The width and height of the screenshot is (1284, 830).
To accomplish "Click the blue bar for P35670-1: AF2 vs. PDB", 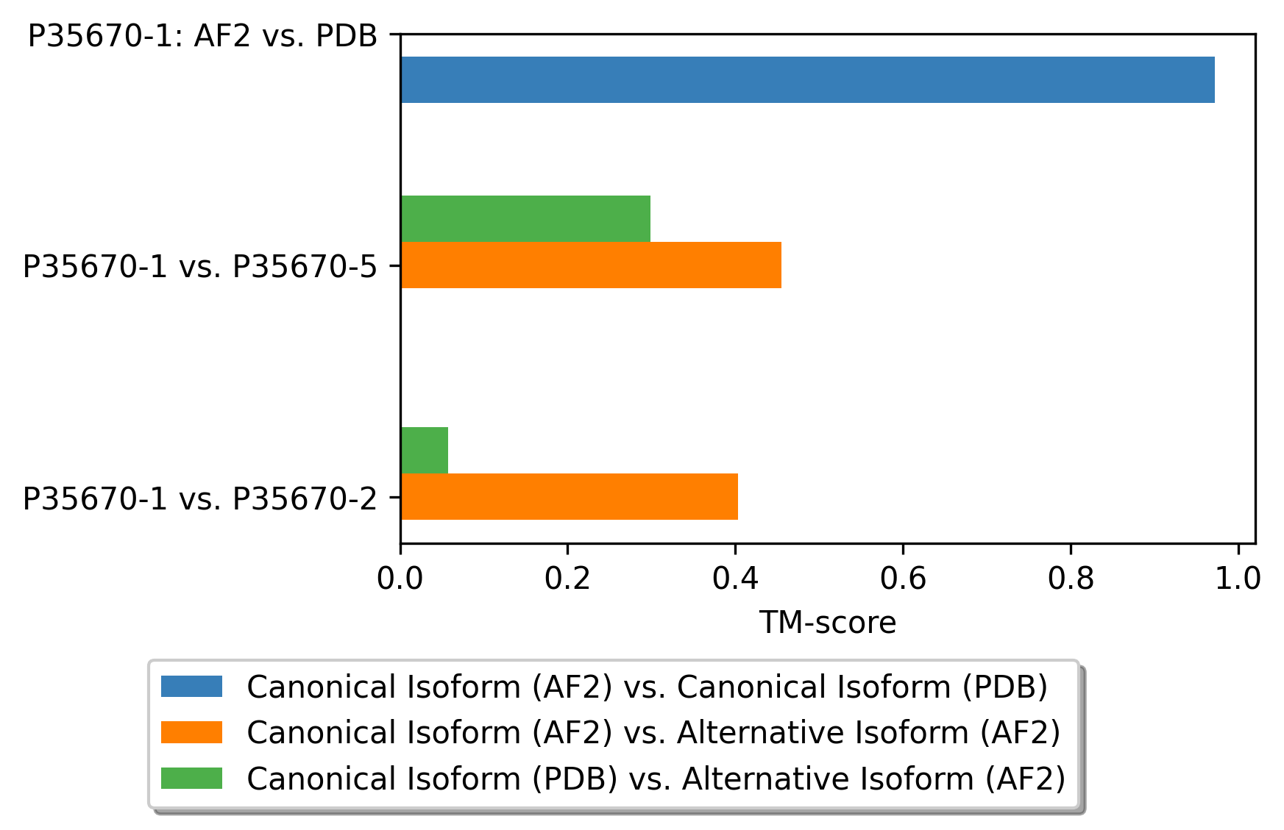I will click(807, 79).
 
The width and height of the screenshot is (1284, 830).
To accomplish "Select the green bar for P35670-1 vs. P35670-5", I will click(525, 218).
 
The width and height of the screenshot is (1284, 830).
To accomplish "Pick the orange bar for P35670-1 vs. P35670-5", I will click(591, 265).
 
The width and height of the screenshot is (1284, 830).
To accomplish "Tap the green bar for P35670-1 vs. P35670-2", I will click(425, 450).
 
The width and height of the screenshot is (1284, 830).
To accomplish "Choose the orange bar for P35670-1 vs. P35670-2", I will click(569, 496).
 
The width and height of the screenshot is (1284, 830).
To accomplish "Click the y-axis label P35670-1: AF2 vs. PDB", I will click(202, 35).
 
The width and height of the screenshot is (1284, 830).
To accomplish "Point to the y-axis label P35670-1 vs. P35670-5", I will click(199, 266).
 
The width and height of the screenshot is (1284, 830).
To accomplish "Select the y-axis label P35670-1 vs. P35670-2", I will click(199, 498).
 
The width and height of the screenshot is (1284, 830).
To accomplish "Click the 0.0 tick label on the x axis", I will click(400, 579).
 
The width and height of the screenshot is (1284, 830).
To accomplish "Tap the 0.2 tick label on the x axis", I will click(567, 579).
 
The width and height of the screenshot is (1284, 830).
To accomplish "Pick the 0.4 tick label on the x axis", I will click(735, 579).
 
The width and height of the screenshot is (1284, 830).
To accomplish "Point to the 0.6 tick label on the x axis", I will click(903, 579).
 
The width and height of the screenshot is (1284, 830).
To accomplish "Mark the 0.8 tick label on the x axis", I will click(1071, 579).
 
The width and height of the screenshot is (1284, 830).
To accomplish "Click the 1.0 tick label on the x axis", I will click(1238, 579).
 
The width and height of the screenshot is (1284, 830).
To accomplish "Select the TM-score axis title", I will click(827, 623).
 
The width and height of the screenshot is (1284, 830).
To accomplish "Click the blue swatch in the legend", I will click(191, 687).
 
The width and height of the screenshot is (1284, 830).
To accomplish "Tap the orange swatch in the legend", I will click(191, 732).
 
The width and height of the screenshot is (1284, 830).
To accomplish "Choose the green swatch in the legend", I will click(191, 778).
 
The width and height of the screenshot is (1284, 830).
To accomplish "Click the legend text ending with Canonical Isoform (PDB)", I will click(647, 687).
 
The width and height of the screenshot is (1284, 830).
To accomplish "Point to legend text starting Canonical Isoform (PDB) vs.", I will click(656, 778).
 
